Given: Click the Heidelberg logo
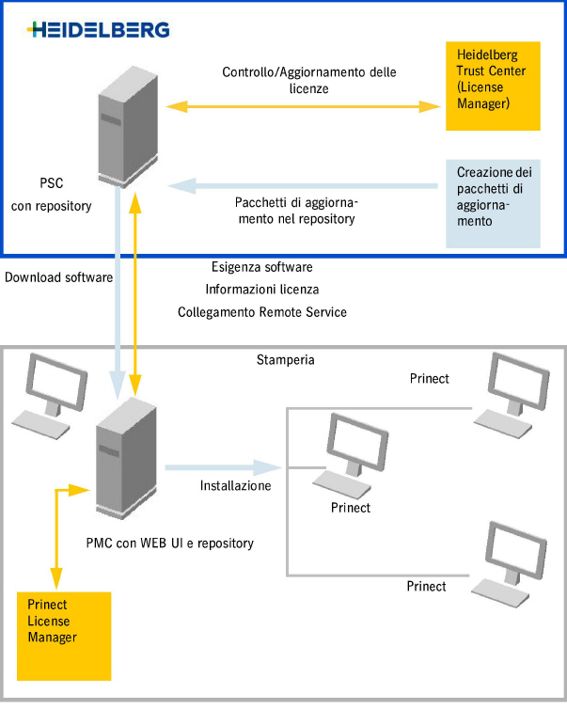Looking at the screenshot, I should [99, 29].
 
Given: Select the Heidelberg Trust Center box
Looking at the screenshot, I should [493, 86].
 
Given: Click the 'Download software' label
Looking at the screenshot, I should [58, 277].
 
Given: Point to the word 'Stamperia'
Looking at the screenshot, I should [284, 360].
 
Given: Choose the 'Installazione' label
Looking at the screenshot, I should [235, 486].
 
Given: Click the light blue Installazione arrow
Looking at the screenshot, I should [224, 466].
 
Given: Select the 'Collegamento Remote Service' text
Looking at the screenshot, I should [262, 311].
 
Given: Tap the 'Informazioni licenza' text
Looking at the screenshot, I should [262, 289].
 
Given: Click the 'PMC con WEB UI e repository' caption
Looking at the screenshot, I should [169, 543].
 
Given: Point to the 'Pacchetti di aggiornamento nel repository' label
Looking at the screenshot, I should [297, 211].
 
